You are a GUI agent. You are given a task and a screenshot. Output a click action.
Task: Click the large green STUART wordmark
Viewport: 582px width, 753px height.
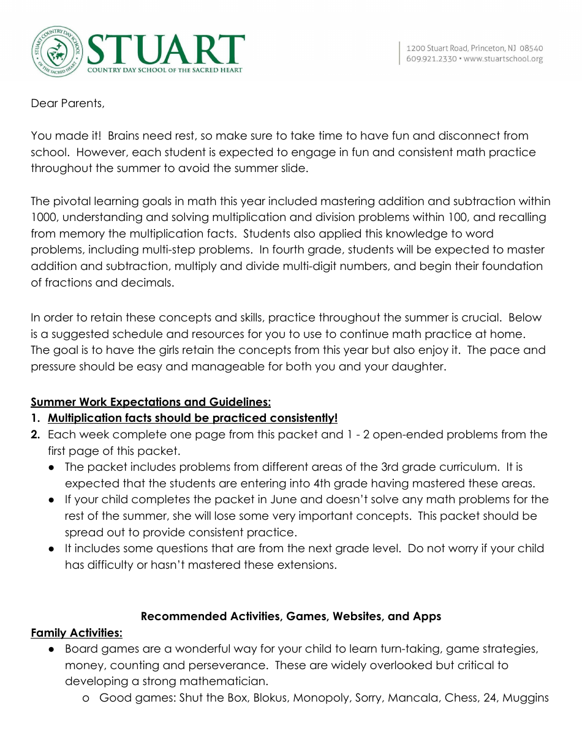tap(166, 50)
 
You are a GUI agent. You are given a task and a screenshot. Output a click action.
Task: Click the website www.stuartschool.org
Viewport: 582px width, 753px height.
tap(504, 59)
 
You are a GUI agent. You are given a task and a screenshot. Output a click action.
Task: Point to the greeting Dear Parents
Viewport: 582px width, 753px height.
tap(67, 103)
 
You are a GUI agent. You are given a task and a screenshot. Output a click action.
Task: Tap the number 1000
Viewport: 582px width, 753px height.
tap(43, 217)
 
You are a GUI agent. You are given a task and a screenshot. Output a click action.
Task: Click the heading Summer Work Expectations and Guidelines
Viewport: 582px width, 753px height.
tap(151, 402)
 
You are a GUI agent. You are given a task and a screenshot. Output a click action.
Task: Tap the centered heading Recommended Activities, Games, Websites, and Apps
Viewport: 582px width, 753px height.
tap(291, 616)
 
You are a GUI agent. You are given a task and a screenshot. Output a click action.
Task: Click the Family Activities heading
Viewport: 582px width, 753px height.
tap(77, 632)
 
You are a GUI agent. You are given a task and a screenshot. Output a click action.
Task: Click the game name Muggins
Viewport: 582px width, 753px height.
tap(525, 697)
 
